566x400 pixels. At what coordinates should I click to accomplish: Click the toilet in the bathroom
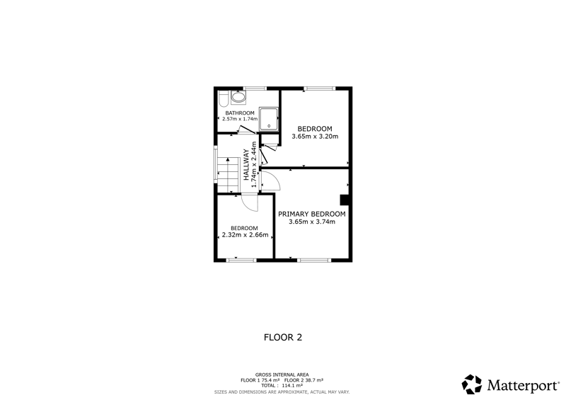pyautogui.click(x=223, y=98)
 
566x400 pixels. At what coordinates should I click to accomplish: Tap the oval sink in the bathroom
pyautogui.click(x=238, y=96)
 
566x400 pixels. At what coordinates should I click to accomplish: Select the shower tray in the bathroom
pyautogui.click(x=269, y=119)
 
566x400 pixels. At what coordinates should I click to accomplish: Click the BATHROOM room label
pyautogui.click(x=240, y=113)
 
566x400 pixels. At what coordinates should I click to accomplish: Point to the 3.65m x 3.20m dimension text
pyautogui.click(x=315, y=137)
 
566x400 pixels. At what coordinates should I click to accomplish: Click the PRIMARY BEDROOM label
pyautogui.click(x=311, y=214)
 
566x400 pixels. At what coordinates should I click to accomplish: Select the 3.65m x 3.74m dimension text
pyautogui.click(x=312, y=222)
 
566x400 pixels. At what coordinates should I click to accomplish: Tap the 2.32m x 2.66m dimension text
pyautogui.click(x=245, y=235)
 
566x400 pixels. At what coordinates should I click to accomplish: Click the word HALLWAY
pyautogui.click(x=246, y=165)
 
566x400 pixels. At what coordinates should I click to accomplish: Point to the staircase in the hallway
pyautogui.click(x=228, y=175)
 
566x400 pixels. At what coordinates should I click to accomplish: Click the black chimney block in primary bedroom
pyautogui.click(x=345, y=200)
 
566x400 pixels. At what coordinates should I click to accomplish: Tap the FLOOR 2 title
pyautogui.click(x=283, y=338)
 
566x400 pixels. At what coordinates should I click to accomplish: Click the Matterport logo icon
pyautogui.click(x=472, y=384)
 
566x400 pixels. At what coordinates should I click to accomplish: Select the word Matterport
pyautogui.click(x=523, y=386)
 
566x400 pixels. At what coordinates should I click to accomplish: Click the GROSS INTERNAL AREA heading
pyautogui.click(x=282, y=375)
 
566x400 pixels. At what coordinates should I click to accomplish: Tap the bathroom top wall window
pyautogui.click(x=255, y=88)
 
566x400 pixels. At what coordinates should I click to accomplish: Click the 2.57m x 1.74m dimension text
pyautogui.click(x=240, y=119)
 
